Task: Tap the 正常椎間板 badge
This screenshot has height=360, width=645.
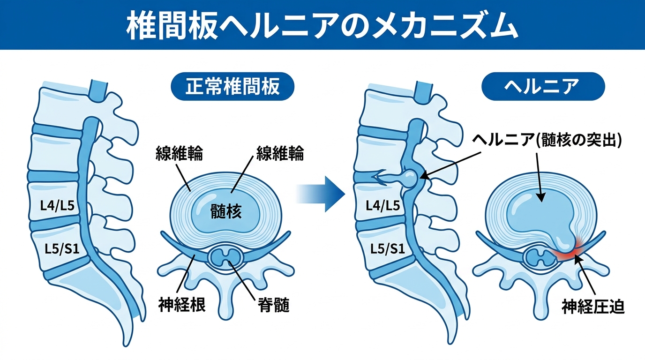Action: click(x=232, y=87)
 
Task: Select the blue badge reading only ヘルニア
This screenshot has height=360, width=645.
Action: click(x=543, y=87)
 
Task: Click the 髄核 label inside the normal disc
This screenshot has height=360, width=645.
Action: click(x=226, y=212)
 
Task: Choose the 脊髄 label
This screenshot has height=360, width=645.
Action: click(x=273, y=305)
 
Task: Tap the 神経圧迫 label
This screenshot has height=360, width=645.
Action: click(x=593, y=307)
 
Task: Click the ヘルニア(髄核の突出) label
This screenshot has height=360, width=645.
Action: click(x=547, y=140)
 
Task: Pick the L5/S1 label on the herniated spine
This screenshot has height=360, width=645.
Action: click(x=388, y=249)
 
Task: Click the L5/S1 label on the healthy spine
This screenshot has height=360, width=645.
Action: click(x=60, y=249)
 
